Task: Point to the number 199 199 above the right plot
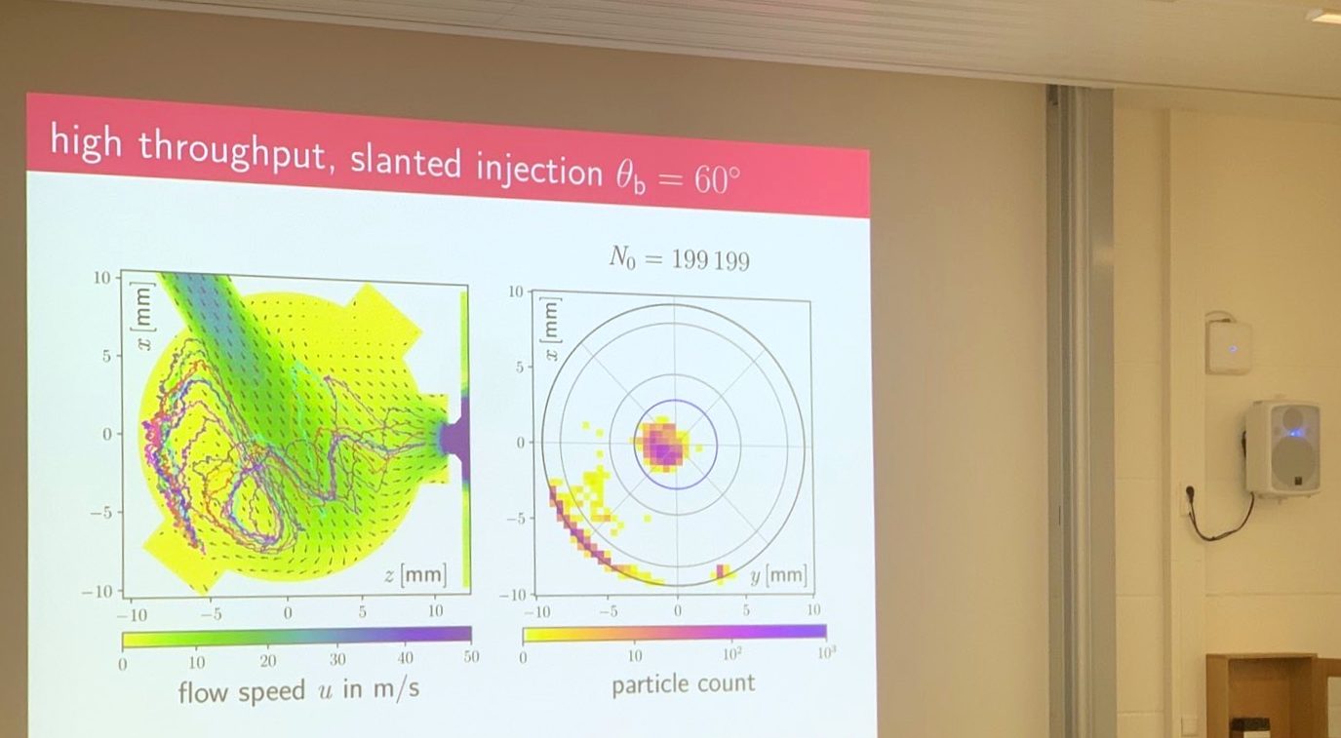711,260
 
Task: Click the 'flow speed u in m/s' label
298,690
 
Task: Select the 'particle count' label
683,683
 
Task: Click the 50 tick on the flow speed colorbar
471,657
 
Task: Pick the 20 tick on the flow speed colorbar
267,660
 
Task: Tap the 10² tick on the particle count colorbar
731,654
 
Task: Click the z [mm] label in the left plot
414,574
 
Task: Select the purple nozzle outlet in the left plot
454,439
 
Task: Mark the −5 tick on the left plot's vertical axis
100,513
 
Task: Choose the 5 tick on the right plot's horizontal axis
746,610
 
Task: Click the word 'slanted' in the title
406,162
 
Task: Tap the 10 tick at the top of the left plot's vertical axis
101,277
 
